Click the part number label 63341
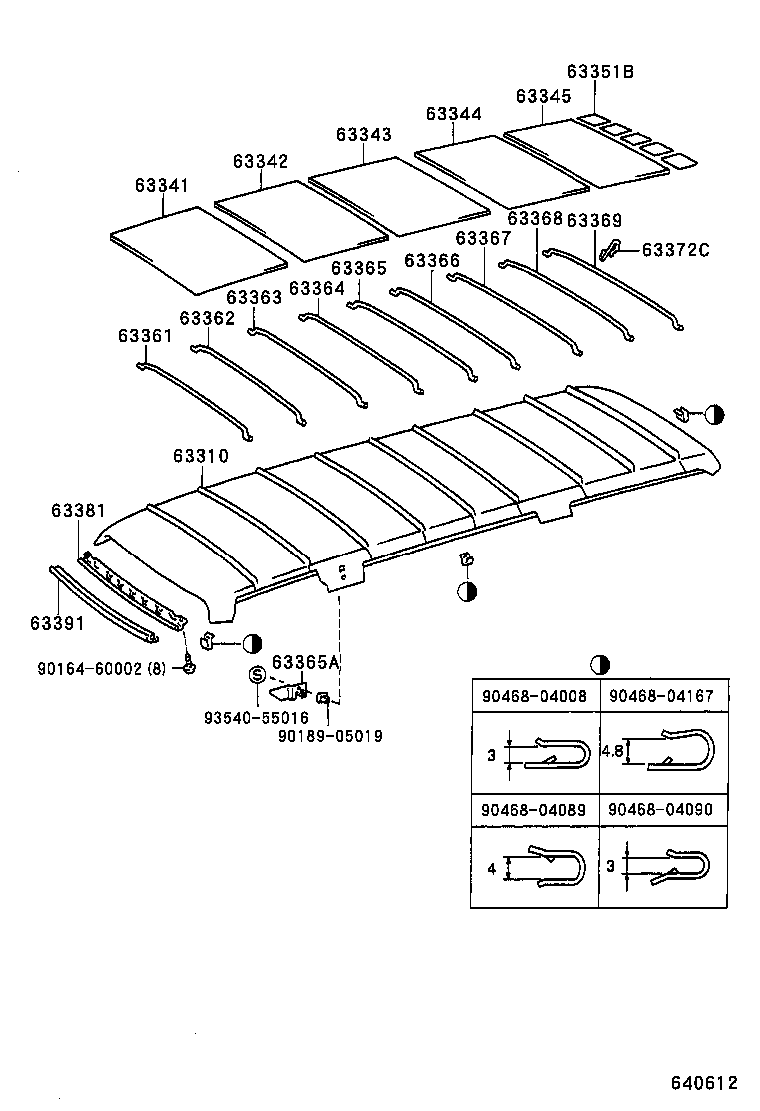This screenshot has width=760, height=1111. (x=161, y=186)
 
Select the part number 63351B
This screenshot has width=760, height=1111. (x=600, y=72)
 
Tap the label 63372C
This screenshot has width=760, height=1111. (x=675, y=249)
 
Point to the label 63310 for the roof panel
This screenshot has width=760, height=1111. (x=200, y=455)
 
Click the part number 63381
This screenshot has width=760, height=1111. (x=78, y=511)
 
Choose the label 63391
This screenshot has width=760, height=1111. (x=56, y=623)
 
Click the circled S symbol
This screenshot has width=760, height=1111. (x=255, y=676)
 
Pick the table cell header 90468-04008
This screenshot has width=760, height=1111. (x=534, y=696)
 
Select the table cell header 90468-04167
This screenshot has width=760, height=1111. (x=660, y=696)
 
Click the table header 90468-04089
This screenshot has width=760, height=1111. (x=534, y=810)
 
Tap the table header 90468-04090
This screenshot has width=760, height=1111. (x=660, y=810)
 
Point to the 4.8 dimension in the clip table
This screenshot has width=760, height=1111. (x=614, y=750)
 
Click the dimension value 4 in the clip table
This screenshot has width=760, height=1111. (x=491, y=868)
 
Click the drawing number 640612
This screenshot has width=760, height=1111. (x=703, y=1082)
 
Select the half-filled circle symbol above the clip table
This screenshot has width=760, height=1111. (x=599, y=664)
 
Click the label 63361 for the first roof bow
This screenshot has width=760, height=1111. (x=145, y=336)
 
